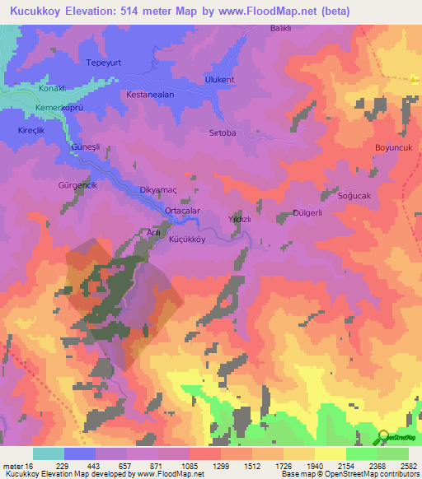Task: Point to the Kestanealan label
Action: click(x=150, y=95)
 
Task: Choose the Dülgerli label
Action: click(x=307, y=213)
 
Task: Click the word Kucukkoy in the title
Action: click(x=39, y=11)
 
